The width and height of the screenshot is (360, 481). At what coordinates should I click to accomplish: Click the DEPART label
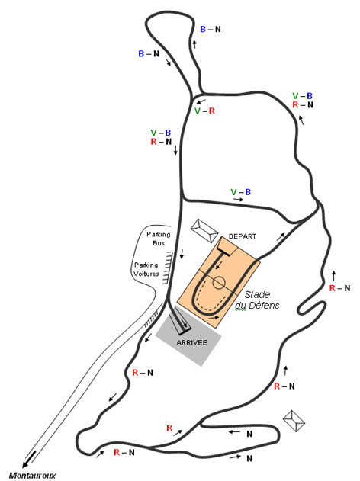tap(242, 236)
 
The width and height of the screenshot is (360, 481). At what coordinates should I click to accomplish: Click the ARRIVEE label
tap(191, 343)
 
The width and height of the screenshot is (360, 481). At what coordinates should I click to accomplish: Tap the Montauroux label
tap(32, 476)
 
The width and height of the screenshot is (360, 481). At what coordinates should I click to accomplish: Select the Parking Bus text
tap(159, 239)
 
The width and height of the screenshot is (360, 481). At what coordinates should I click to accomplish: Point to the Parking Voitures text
tap(146, 269)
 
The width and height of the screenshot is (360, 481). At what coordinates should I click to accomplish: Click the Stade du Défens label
tap(257, 300)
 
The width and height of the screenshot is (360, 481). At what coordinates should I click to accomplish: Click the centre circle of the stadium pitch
tap(219, 283)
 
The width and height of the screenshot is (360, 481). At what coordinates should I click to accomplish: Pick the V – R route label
tap(204, 111)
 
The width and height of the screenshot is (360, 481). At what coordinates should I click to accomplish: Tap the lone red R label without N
tap(169, 428)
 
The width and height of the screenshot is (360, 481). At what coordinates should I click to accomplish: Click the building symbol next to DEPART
tap(204, 231)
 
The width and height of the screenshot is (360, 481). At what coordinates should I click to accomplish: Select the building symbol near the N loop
tap(294, 421)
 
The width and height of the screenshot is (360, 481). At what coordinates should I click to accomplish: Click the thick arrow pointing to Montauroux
tap(29, 459)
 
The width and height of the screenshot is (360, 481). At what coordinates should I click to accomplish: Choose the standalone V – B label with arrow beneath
tap(241, 192)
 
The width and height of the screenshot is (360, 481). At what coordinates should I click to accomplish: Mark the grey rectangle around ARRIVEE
tap(188, 335)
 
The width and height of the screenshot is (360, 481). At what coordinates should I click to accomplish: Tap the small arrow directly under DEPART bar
tap(220, 265)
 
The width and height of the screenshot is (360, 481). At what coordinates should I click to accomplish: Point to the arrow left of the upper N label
tap(234, 432)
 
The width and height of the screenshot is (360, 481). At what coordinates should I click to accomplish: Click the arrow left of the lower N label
tap(236, 457)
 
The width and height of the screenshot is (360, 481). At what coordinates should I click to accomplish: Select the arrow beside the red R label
tap(178, 433)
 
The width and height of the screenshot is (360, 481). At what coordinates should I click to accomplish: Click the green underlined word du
tap(240, 306)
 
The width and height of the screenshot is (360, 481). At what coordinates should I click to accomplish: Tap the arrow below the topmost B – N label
tap(194, 44)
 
